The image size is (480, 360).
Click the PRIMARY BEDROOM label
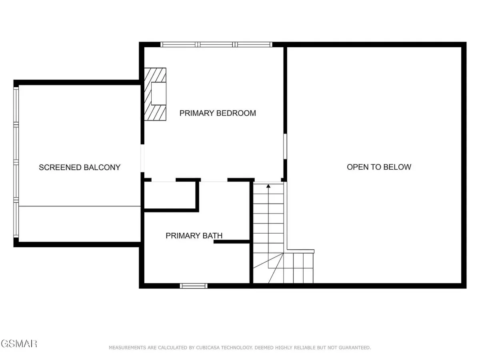(218, 113)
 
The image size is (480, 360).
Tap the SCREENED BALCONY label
(80, 168)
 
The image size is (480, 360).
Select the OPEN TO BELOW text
(379, 167)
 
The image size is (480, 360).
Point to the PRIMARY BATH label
(194, 236)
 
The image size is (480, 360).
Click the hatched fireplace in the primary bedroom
(155, 94)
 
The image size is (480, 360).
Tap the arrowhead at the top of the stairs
(268, 186)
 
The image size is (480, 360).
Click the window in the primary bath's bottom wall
(194, 286)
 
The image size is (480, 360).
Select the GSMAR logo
(19, 344)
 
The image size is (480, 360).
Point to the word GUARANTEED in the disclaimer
(355, 348)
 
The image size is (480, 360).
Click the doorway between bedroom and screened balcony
(142, 158)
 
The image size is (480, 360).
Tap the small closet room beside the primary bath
(170, 195)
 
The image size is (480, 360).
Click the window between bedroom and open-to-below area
(285, 146)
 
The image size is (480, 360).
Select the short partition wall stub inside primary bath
(232, 242)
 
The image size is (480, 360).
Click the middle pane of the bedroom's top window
(216, 44)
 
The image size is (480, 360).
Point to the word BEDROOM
(236, 113)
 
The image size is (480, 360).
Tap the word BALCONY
(102, 168)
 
